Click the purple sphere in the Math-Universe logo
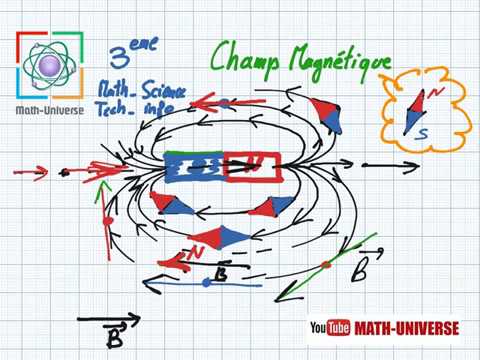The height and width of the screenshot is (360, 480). coord(48,67)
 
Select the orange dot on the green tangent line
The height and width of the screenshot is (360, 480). coord(327,266)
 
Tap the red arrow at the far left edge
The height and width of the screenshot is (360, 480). coord(30,172)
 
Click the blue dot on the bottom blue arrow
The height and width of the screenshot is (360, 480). coord(206,283)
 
